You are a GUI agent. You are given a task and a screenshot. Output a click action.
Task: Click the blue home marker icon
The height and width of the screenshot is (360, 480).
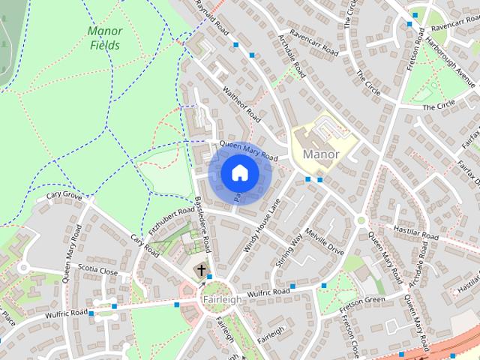[239, 173]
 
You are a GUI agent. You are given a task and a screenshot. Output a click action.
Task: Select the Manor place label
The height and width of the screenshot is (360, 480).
[321, 154]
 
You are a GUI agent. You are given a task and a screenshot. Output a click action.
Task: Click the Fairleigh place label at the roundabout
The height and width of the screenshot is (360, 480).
[222, 299]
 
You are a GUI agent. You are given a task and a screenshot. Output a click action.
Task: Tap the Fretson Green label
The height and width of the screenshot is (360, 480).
[361, 300]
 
